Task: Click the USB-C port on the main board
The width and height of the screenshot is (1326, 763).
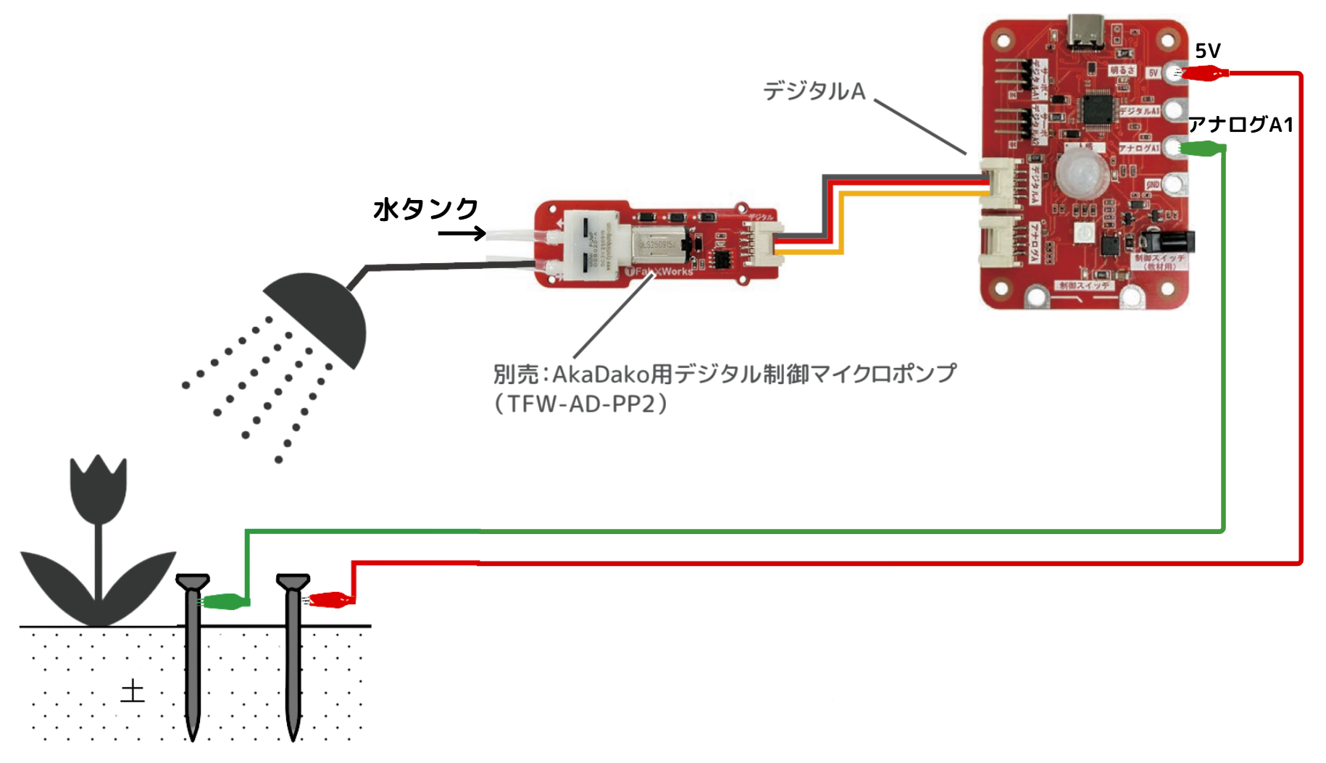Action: point(1085,33)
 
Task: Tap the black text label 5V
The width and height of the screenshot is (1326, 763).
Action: point(1207,51)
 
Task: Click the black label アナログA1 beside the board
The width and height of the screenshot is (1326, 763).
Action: point(1240,125)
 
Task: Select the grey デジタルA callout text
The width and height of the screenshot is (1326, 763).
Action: point(814,91)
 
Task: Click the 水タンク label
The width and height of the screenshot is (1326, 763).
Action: point(425,209)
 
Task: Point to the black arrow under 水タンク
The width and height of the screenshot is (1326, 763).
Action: point(462,233)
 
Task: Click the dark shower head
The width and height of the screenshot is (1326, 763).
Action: point(320,316)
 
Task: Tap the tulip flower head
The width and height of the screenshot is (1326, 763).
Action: point(99,489)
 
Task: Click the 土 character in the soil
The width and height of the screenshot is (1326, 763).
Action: point(133,691)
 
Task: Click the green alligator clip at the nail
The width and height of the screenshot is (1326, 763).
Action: point(224,601)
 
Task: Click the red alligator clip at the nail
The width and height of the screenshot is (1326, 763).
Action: point(330,600)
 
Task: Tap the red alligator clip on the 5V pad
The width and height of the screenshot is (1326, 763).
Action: point(1204,72)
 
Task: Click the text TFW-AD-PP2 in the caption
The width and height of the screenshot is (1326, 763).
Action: point(580,404)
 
